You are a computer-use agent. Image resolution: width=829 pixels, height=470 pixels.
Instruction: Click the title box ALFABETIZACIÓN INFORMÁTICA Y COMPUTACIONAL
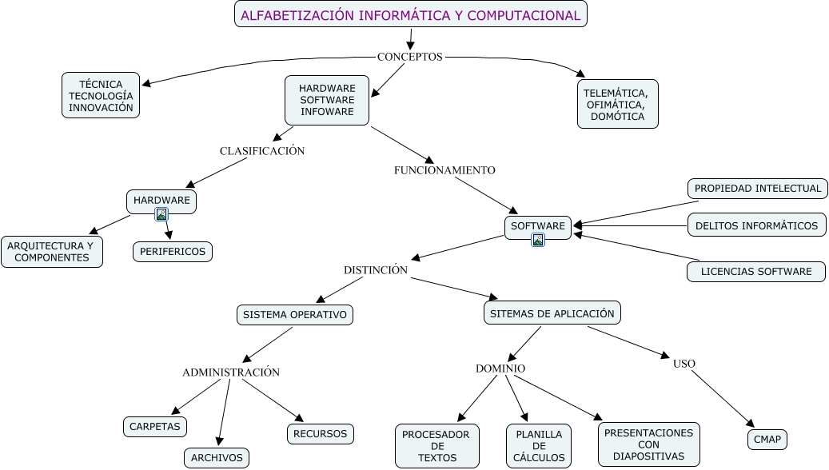tap(411, 14)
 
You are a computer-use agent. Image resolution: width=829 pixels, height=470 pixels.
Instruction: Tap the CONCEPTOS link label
tap(409, 57)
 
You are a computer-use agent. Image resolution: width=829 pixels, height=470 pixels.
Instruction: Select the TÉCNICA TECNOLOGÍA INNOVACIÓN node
tap(101, 95)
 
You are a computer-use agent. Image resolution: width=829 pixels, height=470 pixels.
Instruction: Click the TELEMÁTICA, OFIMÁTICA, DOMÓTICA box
tap(617, 104)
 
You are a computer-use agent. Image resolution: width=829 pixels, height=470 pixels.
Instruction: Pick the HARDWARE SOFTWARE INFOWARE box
tap(327, 100)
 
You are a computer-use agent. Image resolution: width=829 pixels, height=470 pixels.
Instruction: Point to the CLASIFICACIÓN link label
tap(262, 150)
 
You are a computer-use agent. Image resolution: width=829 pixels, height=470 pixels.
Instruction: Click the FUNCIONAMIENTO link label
tap(444, 170)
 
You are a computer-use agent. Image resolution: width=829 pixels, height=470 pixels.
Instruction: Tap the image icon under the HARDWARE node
tap(161, 214)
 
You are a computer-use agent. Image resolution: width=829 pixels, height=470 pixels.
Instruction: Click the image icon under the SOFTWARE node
tap(538, 240)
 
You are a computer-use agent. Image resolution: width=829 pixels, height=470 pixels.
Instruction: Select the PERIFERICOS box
tap(173, 251)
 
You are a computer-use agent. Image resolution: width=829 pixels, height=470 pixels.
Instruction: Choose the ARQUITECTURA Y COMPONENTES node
tap(52, 252)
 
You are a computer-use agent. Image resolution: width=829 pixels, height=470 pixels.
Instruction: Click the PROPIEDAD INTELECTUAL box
tap(757, 189)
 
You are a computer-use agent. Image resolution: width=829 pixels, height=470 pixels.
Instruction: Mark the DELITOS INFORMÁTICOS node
tap(756, 225)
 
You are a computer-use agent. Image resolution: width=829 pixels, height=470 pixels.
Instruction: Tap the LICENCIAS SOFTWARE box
tap(756, 272)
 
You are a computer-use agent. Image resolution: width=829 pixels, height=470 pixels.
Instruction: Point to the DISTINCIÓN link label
tap(376, 270)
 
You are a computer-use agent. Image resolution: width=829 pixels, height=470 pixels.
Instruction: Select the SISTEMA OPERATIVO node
tap(295, 314)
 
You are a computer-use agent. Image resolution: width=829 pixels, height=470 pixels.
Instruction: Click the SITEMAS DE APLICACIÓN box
tap(552, 313)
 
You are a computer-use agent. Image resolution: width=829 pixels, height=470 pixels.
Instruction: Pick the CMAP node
tap(767, 439)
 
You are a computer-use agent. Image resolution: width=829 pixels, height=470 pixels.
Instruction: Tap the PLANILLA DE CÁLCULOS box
tap(539, 446)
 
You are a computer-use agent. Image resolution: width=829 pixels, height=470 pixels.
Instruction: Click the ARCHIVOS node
tap(217, 458)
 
